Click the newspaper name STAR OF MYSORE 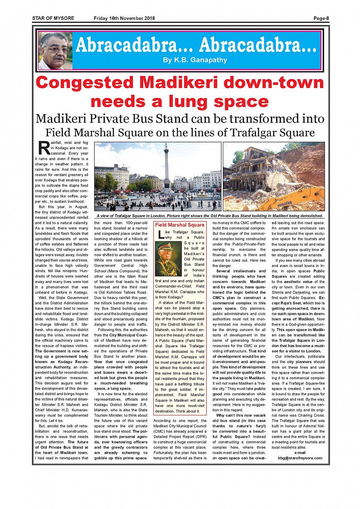(x=53, y=18)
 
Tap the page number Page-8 (x=321, y=18)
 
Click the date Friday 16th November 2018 (x=124, y=18)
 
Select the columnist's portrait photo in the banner (x=56, y=51)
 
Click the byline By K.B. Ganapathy (x=195, y=60)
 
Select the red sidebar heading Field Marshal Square (x=179, y=225)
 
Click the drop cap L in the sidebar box (x=160, y=235)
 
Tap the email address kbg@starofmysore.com (x=300, y=458)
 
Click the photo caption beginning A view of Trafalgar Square (x=210, y=216)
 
